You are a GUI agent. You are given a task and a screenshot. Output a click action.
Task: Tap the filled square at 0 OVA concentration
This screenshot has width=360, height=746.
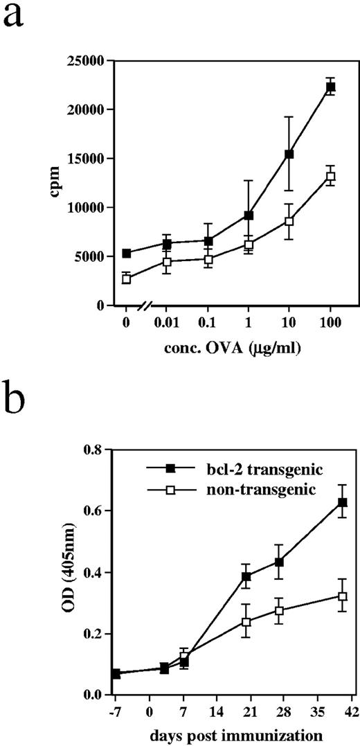(126, 253)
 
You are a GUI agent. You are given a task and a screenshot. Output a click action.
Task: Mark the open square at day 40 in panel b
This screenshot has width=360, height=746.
(342, 596)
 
